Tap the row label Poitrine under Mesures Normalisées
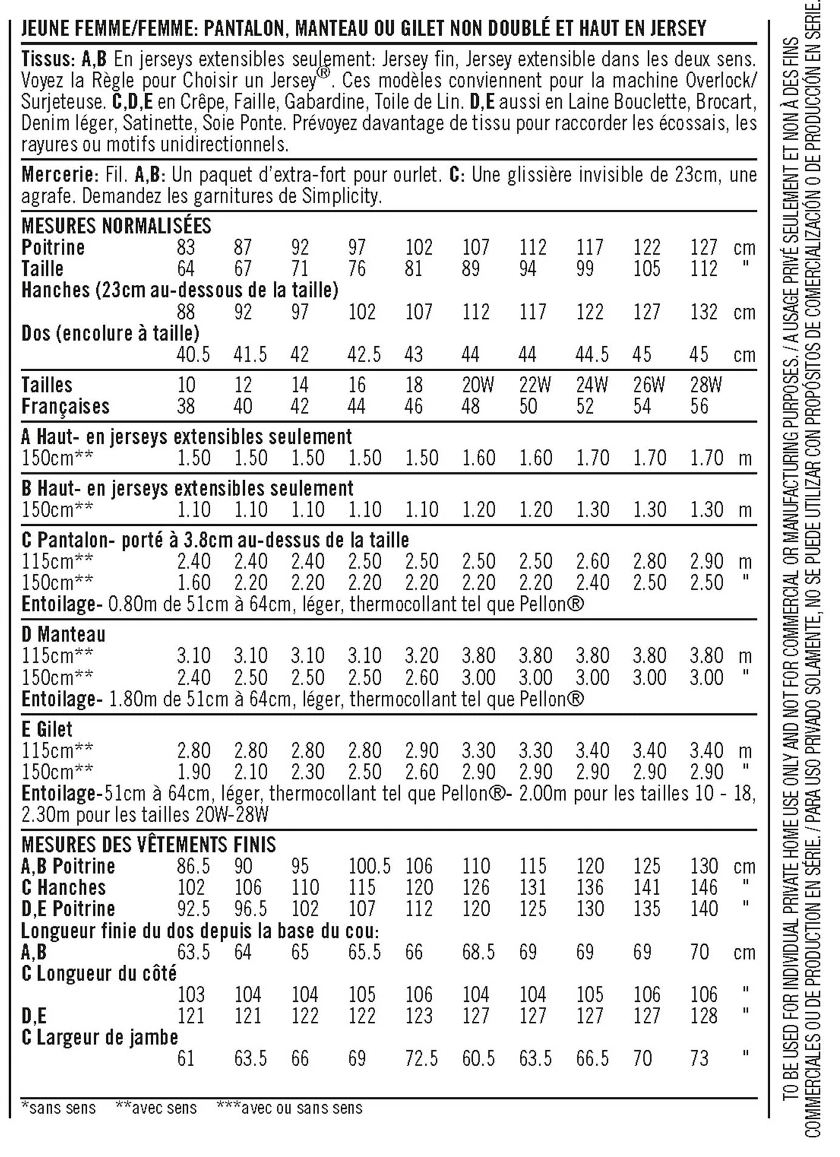[x=53, y=247]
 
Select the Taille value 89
[x=470, y=269]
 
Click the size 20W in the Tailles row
[x=478, y=385]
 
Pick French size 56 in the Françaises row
[x=699, y=406]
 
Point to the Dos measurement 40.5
[x=193, y=355]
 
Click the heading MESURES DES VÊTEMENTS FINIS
[x=148, y=845]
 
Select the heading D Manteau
[x=63, y=634]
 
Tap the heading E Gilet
[x=47, y=729]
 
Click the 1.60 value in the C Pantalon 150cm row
[x=193, y=583]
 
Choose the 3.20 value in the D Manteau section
[x=421, y=656]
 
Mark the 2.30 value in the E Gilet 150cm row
[x=307, y=772]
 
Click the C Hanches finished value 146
[x=704, y=888]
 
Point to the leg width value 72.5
[x=421, y=1059]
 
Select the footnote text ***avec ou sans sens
[x=289, y=1108]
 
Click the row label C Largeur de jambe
[x=99, y=1037]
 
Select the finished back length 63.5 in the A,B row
[x=193, y=952]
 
